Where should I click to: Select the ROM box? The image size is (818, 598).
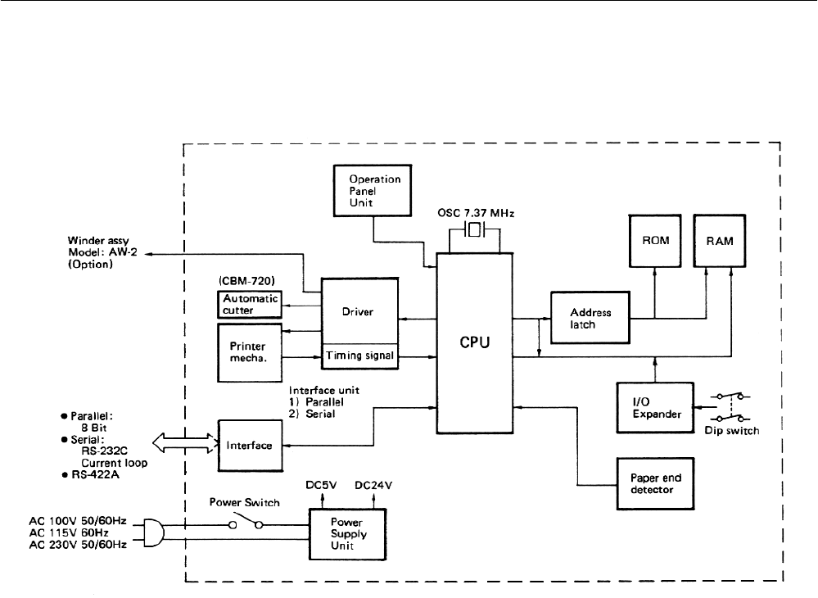(655, 242)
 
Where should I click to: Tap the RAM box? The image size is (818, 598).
(721, 242)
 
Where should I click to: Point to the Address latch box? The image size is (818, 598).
(589, 319)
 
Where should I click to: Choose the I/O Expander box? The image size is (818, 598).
(653, 408)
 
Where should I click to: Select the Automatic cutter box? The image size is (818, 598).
(250, 306)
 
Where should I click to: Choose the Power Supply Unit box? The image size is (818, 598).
(348, 532)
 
